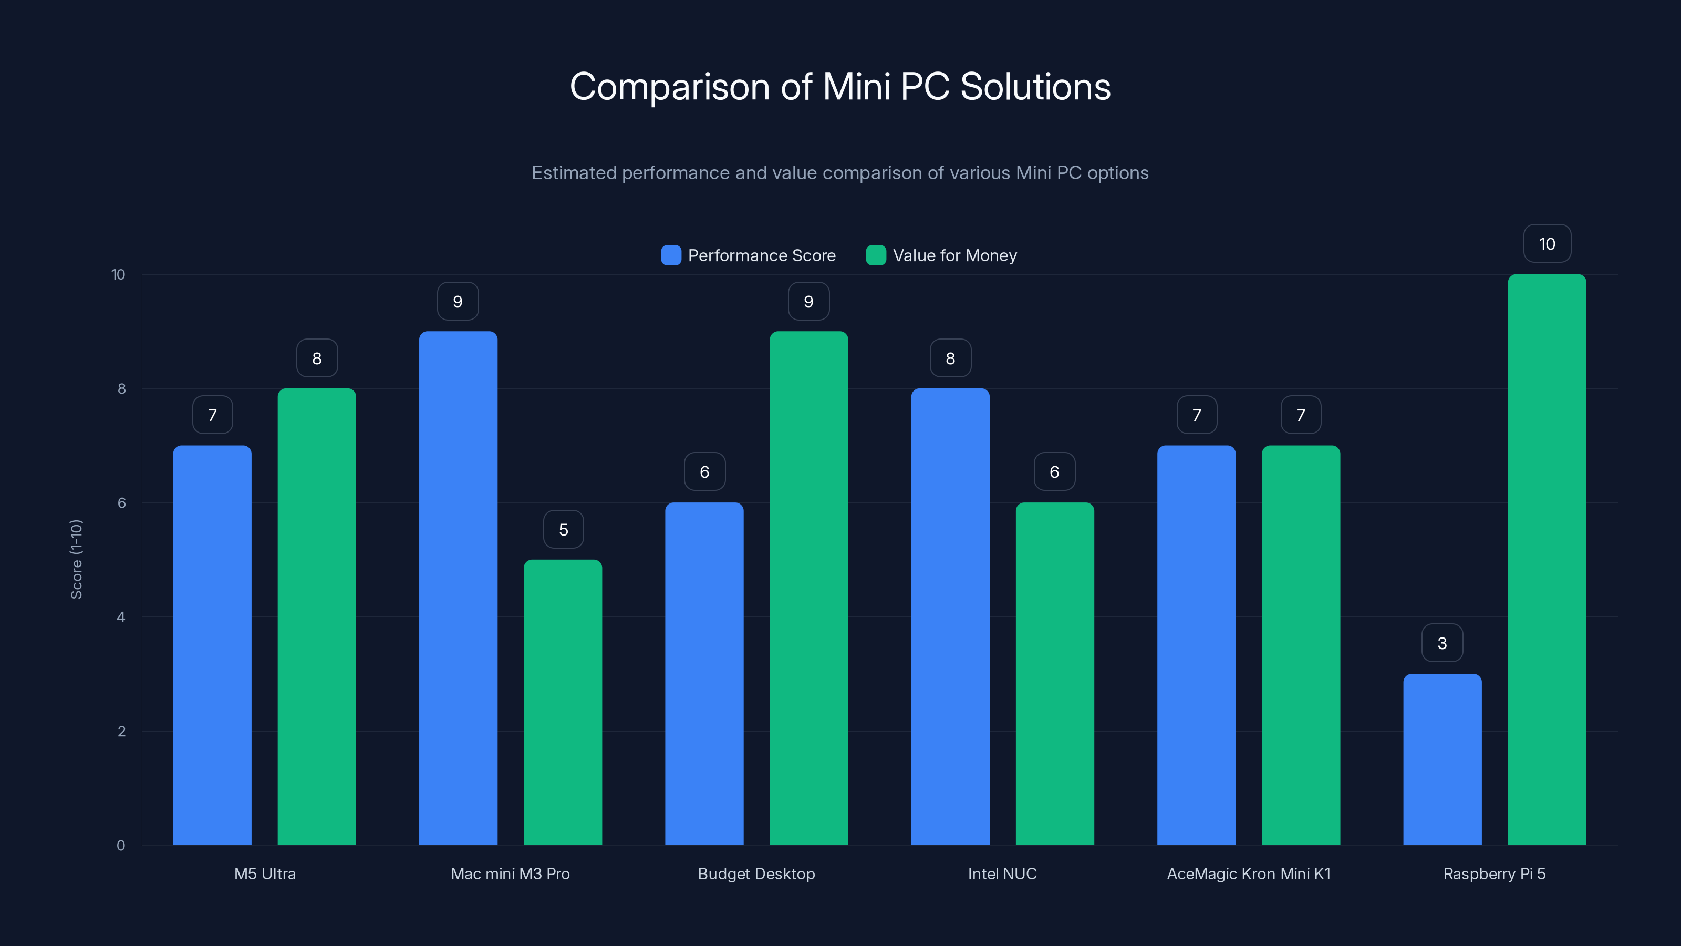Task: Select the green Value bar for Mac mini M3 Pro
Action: tap(563, 702)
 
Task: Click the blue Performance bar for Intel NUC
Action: tap(950, 616)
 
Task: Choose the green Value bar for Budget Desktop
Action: tap(808, 588)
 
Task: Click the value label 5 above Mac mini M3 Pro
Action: tap(563, 529)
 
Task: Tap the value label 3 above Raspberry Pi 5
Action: tap(1442, 644)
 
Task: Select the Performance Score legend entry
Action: tap(749, 255)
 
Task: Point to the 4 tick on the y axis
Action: tap(121, 617)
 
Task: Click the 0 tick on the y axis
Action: tap(121, 846)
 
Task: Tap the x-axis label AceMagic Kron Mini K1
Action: tap(1248, 873)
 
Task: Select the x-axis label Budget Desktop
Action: tap(756, 873)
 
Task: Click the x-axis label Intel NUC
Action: tap(1002, 873)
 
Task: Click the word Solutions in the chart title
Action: tap(1035, 87)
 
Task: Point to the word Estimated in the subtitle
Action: tap(574, 173)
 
